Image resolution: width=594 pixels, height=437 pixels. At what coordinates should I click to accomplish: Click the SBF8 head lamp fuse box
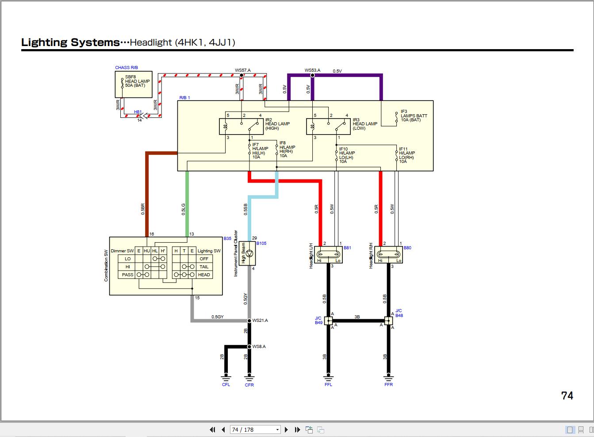133,84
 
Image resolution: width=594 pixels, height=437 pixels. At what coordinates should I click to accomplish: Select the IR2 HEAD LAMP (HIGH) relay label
277,124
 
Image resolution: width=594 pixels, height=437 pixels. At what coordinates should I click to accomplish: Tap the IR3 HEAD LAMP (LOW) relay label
365,124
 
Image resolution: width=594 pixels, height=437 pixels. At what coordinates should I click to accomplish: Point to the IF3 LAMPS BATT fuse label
414,116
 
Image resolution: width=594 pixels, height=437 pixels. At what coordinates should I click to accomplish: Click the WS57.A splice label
243,70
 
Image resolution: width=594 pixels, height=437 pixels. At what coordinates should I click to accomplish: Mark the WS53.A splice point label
312,70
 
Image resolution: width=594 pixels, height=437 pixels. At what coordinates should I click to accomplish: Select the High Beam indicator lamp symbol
249,254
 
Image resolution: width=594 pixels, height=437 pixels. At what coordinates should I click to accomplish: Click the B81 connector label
347,248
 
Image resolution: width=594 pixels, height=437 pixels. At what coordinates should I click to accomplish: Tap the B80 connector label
407,248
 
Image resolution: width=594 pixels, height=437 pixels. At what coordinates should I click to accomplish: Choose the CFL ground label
226,385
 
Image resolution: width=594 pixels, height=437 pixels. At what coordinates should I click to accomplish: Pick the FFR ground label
388,385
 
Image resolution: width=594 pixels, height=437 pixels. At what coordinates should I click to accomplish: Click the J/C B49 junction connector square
328,321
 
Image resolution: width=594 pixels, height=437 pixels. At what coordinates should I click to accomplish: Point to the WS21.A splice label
260,320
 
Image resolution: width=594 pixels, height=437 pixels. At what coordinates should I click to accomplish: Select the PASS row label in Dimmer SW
127,275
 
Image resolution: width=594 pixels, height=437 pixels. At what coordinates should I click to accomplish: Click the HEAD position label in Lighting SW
204,275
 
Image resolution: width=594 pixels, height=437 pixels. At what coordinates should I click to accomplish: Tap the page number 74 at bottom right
567,395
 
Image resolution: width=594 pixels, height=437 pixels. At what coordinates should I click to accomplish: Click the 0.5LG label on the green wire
184,209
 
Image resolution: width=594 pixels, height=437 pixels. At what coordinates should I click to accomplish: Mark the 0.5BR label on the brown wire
143,209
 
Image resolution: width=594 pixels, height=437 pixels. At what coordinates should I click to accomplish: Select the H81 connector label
138,112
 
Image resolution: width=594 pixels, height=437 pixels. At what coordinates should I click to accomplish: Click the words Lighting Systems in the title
70,43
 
